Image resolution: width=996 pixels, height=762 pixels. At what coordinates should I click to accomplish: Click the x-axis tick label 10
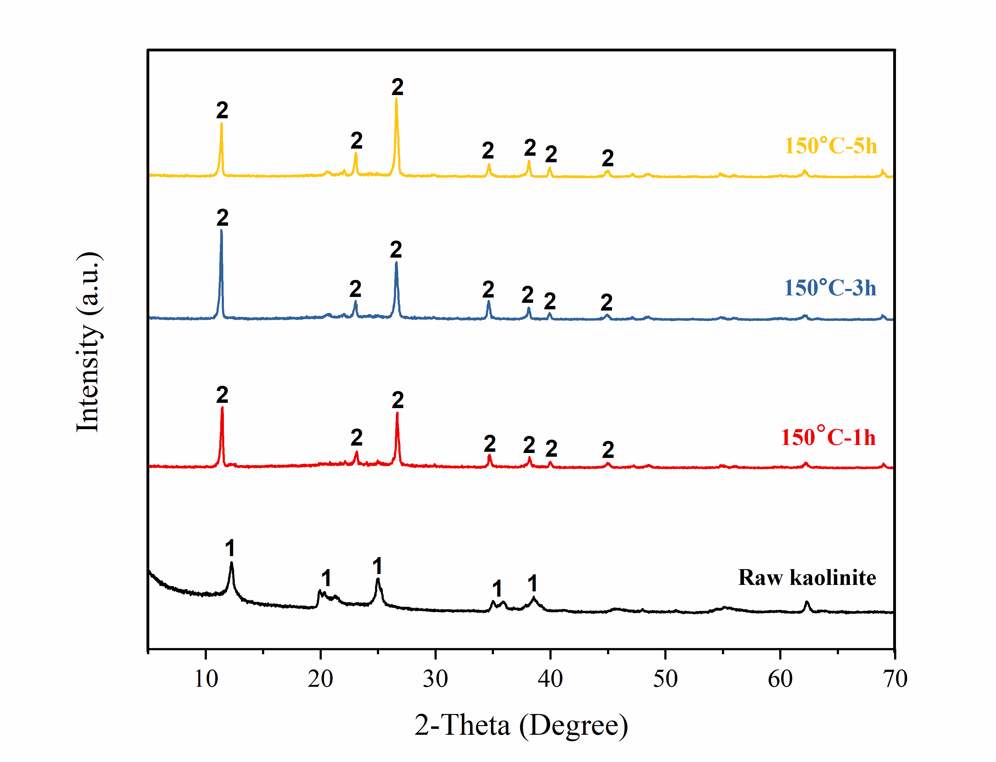[206, 679]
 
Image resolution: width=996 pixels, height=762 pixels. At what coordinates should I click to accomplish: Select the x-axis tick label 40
[550, 679]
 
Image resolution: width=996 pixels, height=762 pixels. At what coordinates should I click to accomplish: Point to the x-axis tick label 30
[435, 679]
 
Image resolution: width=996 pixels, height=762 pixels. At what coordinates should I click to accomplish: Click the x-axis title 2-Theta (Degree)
[521, 724]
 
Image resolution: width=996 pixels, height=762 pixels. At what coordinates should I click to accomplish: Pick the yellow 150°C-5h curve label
[830, 146]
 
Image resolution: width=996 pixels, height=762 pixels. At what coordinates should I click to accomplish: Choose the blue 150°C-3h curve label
[830, 288]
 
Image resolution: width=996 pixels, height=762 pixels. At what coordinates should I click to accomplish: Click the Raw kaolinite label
[807, 577]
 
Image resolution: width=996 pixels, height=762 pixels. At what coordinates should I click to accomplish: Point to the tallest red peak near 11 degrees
[222, 408]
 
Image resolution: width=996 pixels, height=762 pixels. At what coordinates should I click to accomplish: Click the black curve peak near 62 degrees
[807, 603]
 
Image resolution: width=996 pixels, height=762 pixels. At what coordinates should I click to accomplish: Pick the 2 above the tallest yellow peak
[397, 87]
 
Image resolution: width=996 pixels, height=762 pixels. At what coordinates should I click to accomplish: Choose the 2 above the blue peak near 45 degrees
[606, 302]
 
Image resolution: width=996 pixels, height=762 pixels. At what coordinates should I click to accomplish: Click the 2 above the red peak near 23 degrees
[356, 437]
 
